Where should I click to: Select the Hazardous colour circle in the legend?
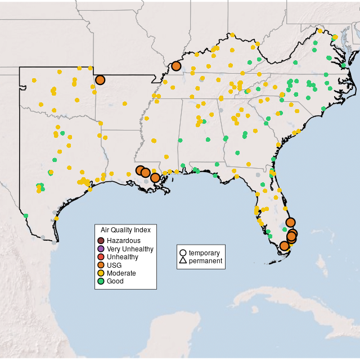tap(101, 241)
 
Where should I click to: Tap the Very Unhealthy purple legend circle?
tap(101, 249)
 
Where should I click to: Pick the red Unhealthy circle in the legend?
tap(101, 257)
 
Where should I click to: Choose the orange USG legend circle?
tap(101, 265)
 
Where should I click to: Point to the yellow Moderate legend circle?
tap(101, 273)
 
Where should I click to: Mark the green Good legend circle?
tap(101, 281)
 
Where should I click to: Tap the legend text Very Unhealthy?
tap(130, 249)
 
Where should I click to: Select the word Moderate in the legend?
tap(121, 273)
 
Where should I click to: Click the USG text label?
tap(114, 265)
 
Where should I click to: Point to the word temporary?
tap(204, 253)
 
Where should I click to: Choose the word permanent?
tap(205, 261)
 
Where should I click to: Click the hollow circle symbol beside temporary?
tap(183, 253)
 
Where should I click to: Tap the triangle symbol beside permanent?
tap(183, 261)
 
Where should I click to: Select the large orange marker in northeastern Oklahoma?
tap(100, 80)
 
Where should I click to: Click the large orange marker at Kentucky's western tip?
tap(176, 66)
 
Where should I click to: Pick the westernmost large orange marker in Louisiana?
tap(140, 170)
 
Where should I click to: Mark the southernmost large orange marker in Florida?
tap(285, 246)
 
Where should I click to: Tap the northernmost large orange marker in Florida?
tap(290, 222)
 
